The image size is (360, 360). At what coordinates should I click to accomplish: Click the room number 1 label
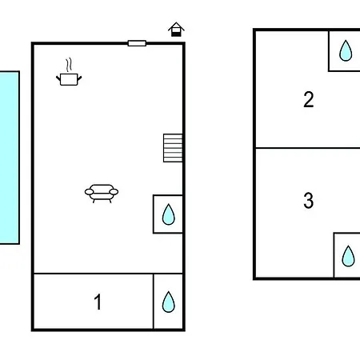tap(98, 302)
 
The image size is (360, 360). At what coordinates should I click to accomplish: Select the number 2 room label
tap(309, 99)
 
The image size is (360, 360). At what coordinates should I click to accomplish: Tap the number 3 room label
tap(309, 200)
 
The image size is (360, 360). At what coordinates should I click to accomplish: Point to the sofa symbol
tap(102, 194)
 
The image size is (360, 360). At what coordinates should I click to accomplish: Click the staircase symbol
tap(173, 148)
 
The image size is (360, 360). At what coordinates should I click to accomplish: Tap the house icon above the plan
tap(176, 30)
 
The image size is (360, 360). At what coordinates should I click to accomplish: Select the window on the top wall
tap(137, 43)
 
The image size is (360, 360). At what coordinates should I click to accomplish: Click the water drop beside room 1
tap(169, 302)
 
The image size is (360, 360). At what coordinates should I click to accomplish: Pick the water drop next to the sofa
tap(169, 214)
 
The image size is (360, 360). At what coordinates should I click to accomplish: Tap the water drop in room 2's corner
tap(346, 50)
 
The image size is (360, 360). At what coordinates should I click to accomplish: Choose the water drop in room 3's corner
tap(348, 256)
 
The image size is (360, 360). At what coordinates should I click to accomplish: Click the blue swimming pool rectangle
tap(10, 158)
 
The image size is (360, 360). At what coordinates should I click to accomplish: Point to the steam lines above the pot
tap(69, 65)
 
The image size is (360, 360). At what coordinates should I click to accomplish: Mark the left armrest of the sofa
tap(89, 192)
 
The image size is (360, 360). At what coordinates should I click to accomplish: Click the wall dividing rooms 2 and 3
tap(308, 148)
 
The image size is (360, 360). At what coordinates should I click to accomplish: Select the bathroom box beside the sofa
tap(168, 214)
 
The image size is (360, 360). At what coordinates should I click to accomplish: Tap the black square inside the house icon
tap(175, 34)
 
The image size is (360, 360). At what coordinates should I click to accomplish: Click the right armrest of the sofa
tap(114, 192)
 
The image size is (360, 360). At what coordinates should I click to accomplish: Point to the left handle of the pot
tap(58, 78)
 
